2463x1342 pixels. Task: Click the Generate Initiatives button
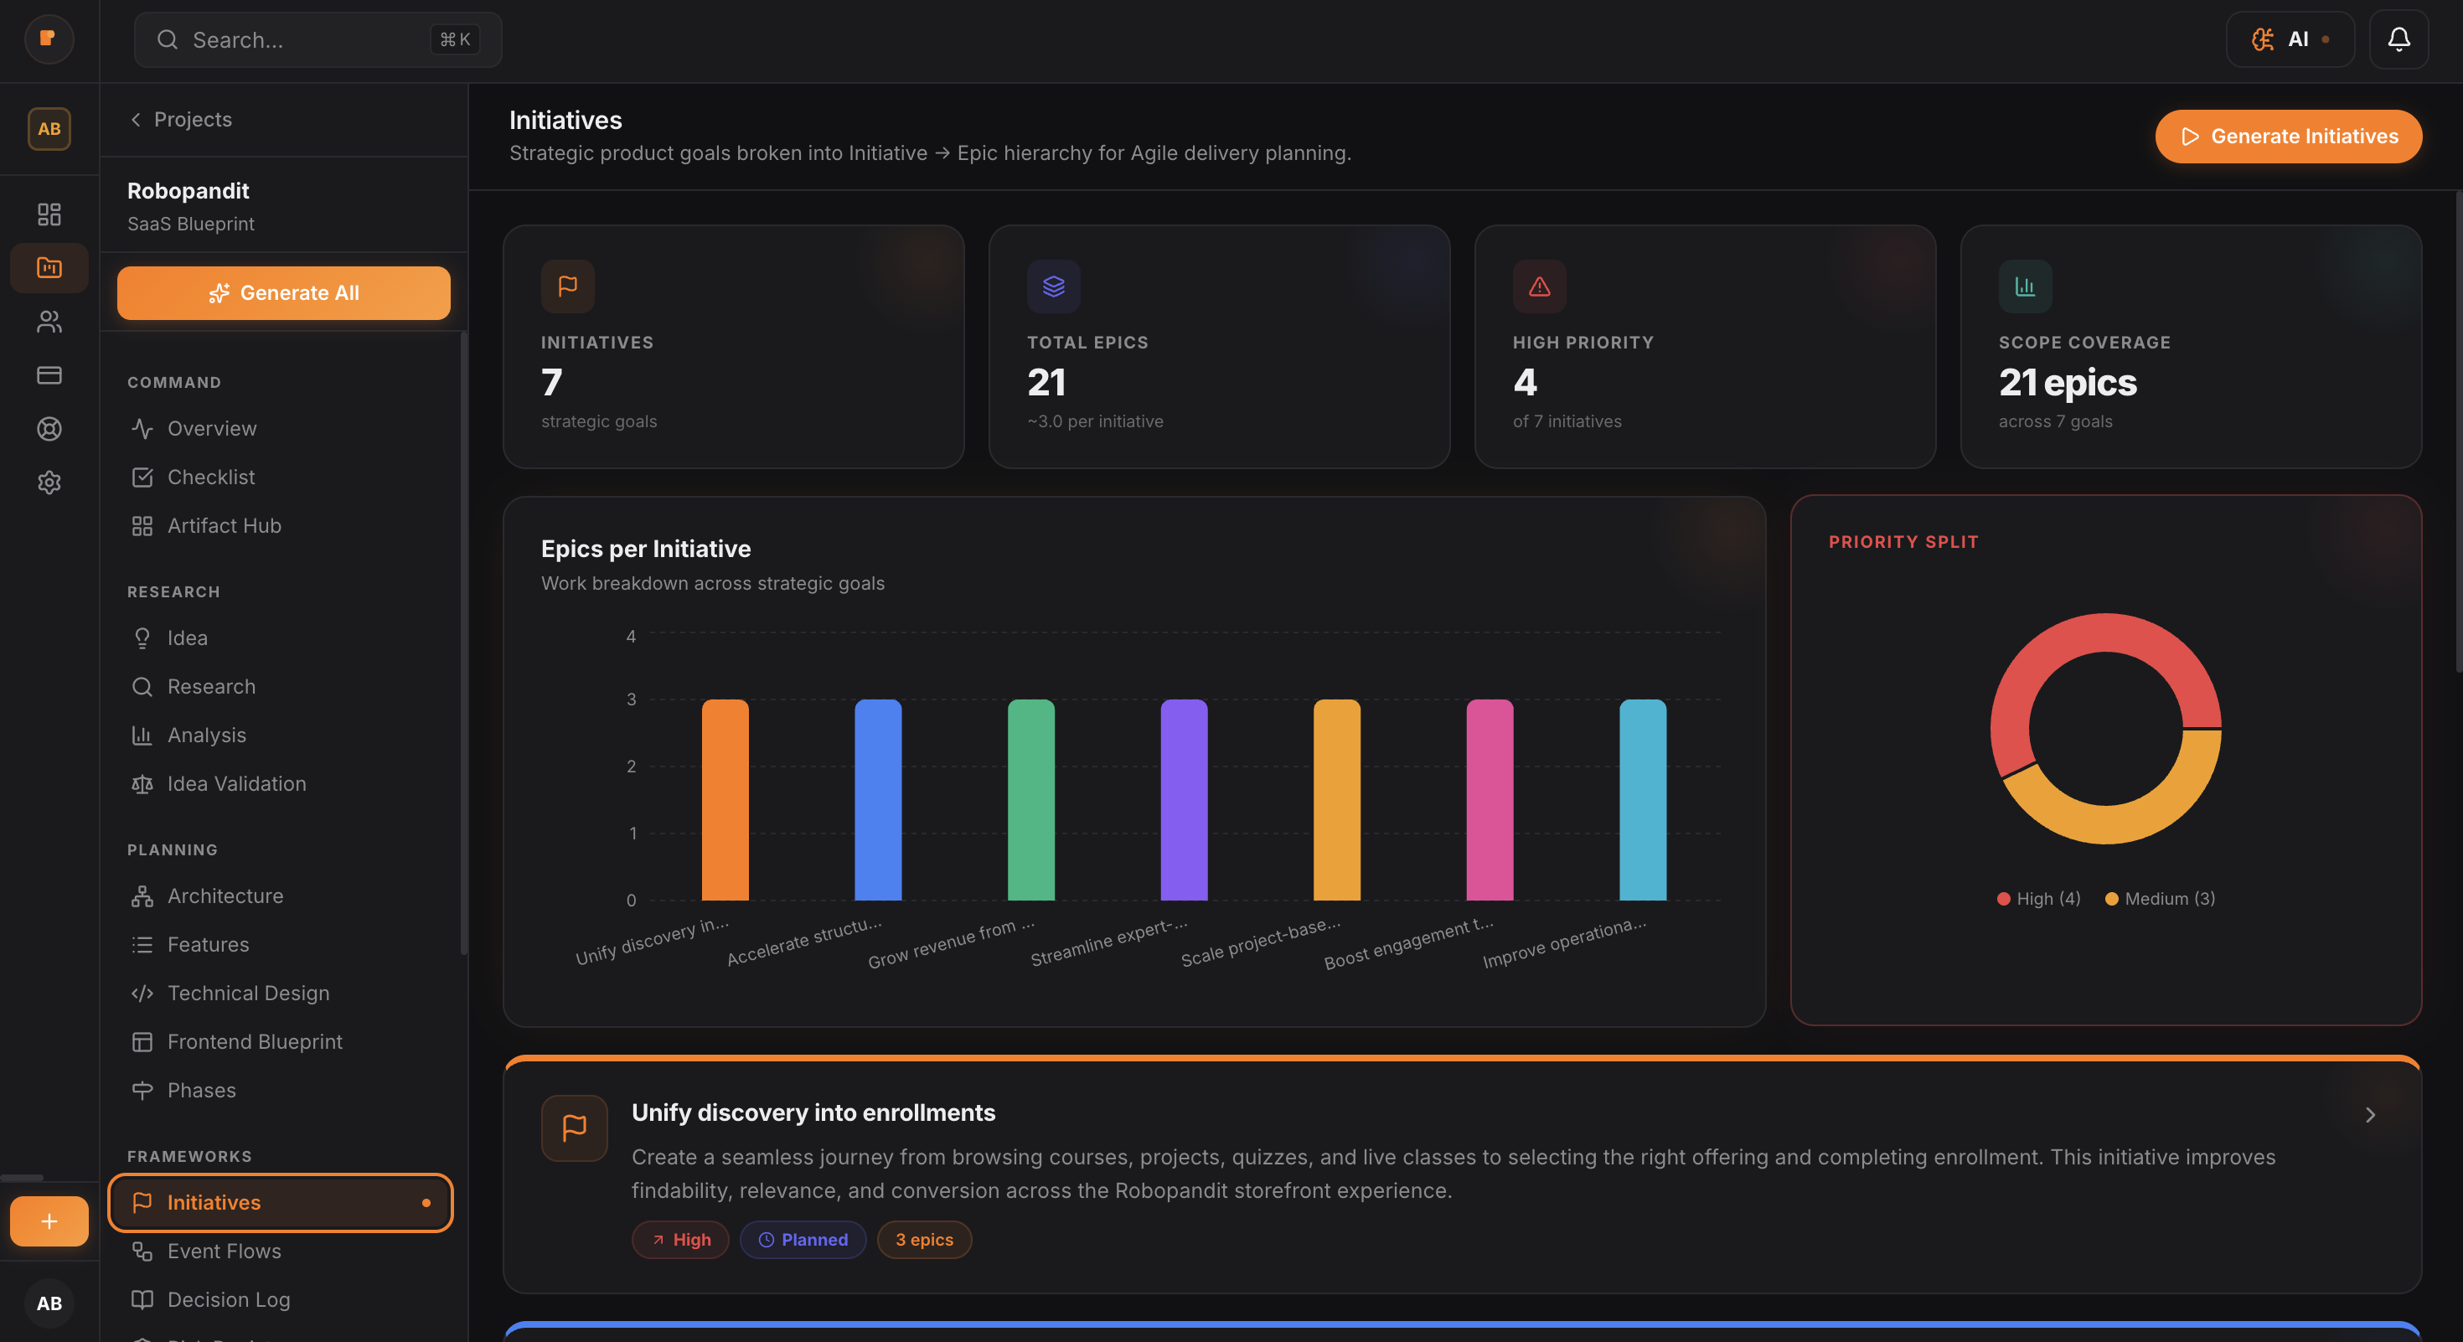(2287, 137)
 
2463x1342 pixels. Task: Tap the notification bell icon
(2398, 39)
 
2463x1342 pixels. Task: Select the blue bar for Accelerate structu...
(878, 800)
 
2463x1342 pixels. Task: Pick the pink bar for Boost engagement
(1489, 800)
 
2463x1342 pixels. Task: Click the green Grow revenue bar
(1030, 800)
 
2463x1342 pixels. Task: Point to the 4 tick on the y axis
(631, 637)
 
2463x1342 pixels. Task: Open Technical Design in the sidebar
(248, 994)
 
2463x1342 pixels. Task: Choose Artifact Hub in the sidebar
(224, 526)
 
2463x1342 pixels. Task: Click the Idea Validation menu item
(236, 784)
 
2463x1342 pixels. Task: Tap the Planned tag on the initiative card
(803, 1240)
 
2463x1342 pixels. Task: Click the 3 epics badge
(923, 1240)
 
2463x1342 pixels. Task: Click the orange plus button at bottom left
(49, 1221)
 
